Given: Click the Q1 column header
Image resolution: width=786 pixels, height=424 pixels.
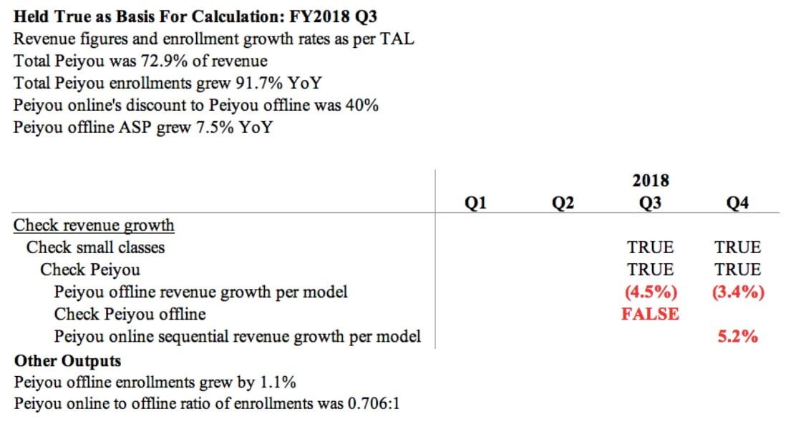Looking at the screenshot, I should point(476,204).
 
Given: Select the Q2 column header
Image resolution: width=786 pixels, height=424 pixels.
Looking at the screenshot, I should point(563,204).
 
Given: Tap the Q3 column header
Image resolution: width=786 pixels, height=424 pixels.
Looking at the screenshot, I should point(650,204).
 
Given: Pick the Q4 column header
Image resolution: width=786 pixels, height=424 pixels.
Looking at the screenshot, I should point(737,204).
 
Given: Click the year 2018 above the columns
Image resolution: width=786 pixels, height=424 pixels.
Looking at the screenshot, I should point(650,179).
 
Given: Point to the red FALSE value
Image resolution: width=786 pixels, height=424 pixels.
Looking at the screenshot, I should point(650,314).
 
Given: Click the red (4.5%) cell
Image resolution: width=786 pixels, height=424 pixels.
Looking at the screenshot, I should point(650,292).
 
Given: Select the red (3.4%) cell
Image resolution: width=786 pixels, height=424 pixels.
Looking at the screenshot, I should point(737,292).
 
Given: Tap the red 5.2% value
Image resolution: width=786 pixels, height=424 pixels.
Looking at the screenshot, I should point(737,336).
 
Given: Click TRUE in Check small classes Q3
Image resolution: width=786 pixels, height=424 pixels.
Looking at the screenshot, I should point(650,247).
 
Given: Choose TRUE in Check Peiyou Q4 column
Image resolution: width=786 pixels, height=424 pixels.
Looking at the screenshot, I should point(737,270).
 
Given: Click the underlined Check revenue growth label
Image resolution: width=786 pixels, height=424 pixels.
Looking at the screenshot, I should point(94,225).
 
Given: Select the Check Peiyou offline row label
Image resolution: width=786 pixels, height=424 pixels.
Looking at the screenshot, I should point(130,314).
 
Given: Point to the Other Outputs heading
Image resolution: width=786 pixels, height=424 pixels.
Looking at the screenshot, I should point(67,360).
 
